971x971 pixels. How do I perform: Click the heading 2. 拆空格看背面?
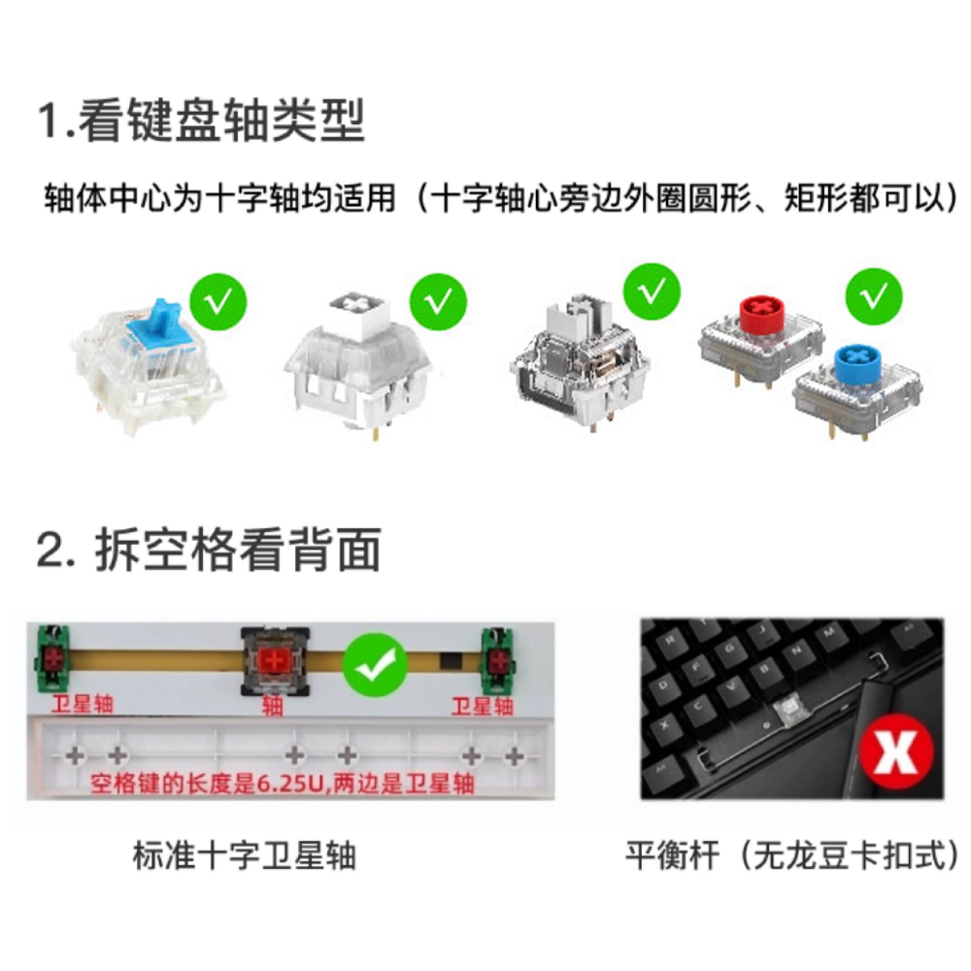(x=208, y=550)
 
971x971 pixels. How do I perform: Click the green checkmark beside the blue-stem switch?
(x=218, y=303)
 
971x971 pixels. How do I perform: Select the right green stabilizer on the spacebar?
(x=496, y=659)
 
